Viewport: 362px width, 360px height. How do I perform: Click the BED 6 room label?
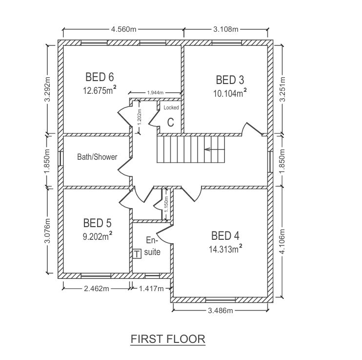100,77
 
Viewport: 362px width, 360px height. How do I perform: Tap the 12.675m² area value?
100,90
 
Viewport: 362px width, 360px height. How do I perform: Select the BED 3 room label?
230,80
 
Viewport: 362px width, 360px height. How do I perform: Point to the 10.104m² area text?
230,93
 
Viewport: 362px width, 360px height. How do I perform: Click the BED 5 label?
97,223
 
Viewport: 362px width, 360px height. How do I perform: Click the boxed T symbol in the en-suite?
137,254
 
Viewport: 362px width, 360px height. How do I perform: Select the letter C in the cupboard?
170,122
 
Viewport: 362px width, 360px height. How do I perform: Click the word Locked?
171,107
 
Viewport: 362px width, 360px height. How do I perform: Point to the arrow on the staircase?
215,149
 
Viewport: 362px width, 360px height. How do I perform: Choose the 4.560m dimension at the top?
124,29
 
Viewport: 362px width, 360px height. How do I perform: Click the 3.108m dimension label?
225,29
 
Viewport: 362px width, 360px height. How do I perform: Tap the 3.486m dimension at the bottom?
221,310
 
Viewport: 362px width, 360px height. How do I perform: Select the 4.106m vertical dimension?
282,241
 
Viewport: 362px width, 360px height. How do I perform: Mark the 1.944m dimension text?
155,93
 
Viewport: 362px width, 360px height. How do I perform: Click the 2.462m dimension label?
97,289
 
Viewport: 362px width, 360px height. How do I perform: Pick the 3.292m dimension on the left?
47,89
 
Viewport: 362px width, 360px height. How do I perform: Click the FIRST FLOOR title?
168,339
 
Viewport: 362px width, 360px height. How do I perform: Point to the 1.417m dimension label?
151,289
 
